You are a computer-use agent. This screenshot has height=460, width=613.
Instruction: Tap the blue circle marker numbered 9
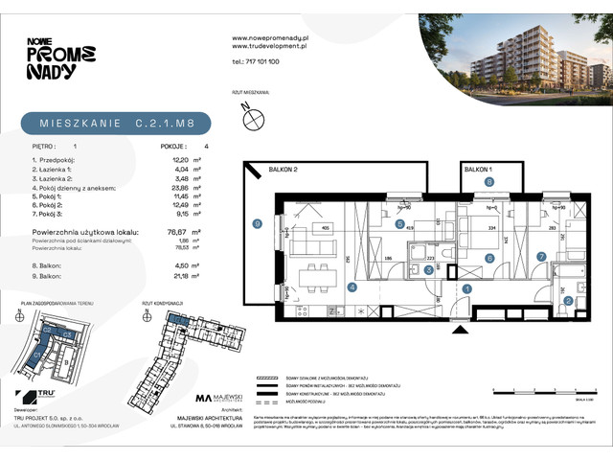tap(257, 224)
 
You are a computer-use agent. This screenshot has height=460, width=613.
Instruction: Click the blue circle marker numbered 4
tap(352, 287)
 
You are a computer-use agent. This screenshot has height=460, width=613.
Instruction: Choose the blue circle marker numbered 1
tap(468, 287)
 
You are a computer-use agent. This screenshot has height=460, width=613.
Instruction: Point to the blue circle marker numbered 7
tap(540, 256)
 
